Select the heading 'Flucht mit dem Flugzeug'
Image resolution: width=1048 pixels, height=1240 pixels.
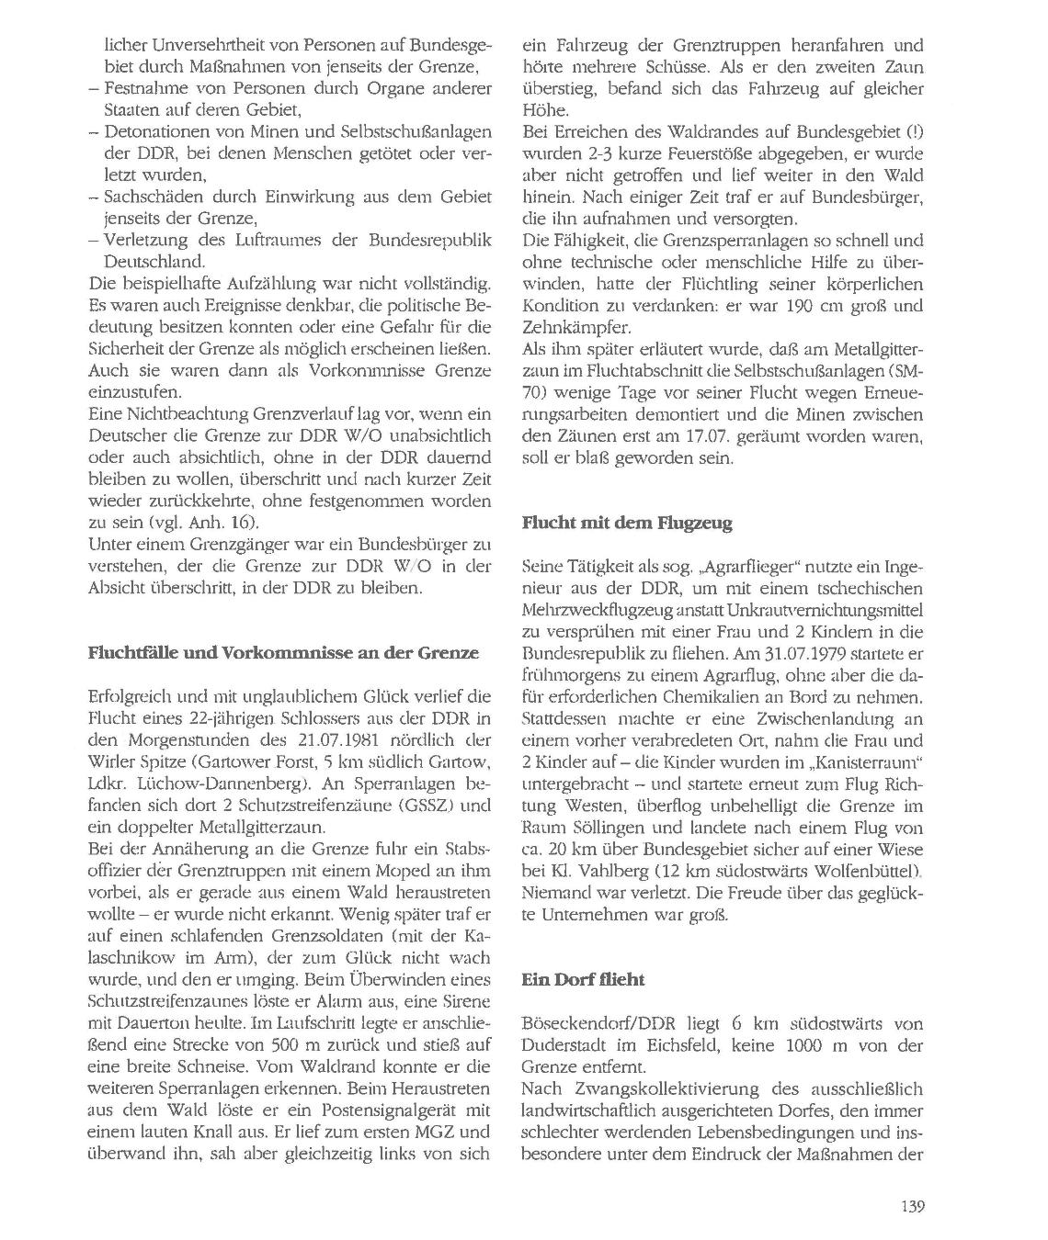tap(627, 524)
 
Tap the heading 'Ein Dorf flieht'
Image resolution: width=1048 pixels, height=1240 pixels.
tap(583, 979)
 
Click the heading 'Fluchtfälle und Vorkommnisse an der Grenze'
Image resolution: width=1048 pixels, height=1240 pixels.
tap(283, 653)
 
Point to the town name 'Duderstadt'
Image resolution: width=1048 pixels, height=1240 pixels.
tap(565, 1045)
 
